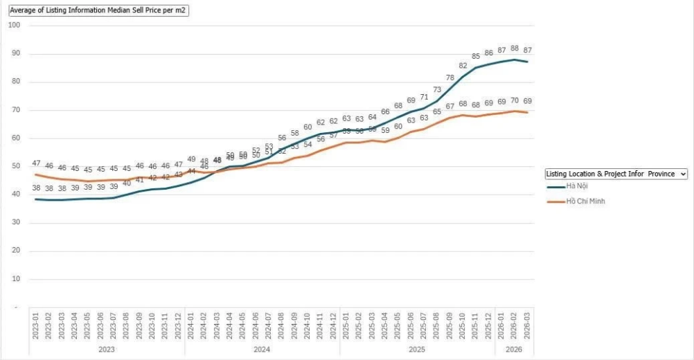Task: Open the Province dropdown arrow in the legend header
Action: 683,174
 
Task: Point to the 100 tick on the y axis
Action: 15,25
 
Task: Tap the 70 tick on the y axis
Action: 15,110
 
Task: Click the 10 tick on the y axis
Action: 15,279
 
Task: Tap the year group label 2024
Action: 262,350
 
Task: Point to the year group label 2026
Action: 514,350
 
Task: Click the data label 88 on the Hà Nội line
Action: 515,48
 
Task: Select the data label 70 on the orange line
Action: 515,101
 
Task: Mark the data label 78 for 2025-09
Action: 450,78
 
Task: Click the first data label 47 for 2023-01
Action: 36,163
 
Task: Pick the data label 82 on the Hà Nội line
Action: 463,66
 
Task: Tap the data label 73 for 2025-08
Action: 437,90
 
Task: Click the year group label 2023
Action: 107,350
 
